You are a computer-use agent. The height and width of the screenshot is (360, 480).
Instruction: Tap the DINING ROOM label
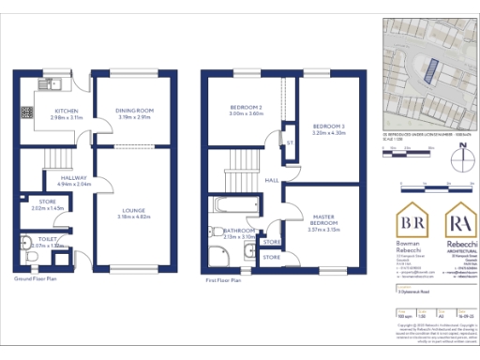133,111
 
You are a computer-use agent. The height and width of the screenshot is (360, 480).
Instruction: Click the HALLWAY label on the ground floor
74,176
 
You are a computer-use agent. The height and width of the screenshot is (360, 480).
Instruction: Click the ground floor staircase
60,157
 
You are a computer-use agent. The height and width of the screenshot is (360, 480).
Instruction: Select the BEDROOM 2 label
246,108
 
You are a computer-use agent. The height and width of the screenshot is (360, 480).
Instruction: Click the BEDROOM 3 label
329,126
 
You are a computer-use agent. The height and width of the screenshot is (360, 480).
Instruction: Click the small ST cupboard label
290,142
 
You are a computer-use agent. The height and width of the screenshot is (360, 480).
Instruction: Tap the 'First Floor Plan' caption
223,279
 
